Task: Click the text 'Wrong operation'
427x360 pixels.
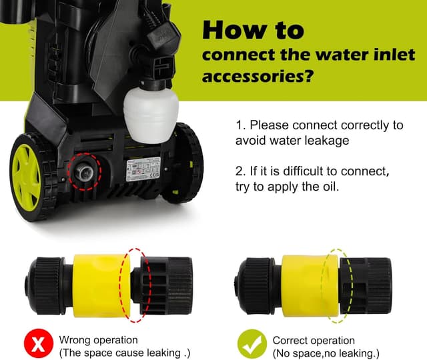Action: [x=99, y=340]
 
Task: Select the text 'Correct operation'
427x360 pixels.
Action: [x=314, y=340]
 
